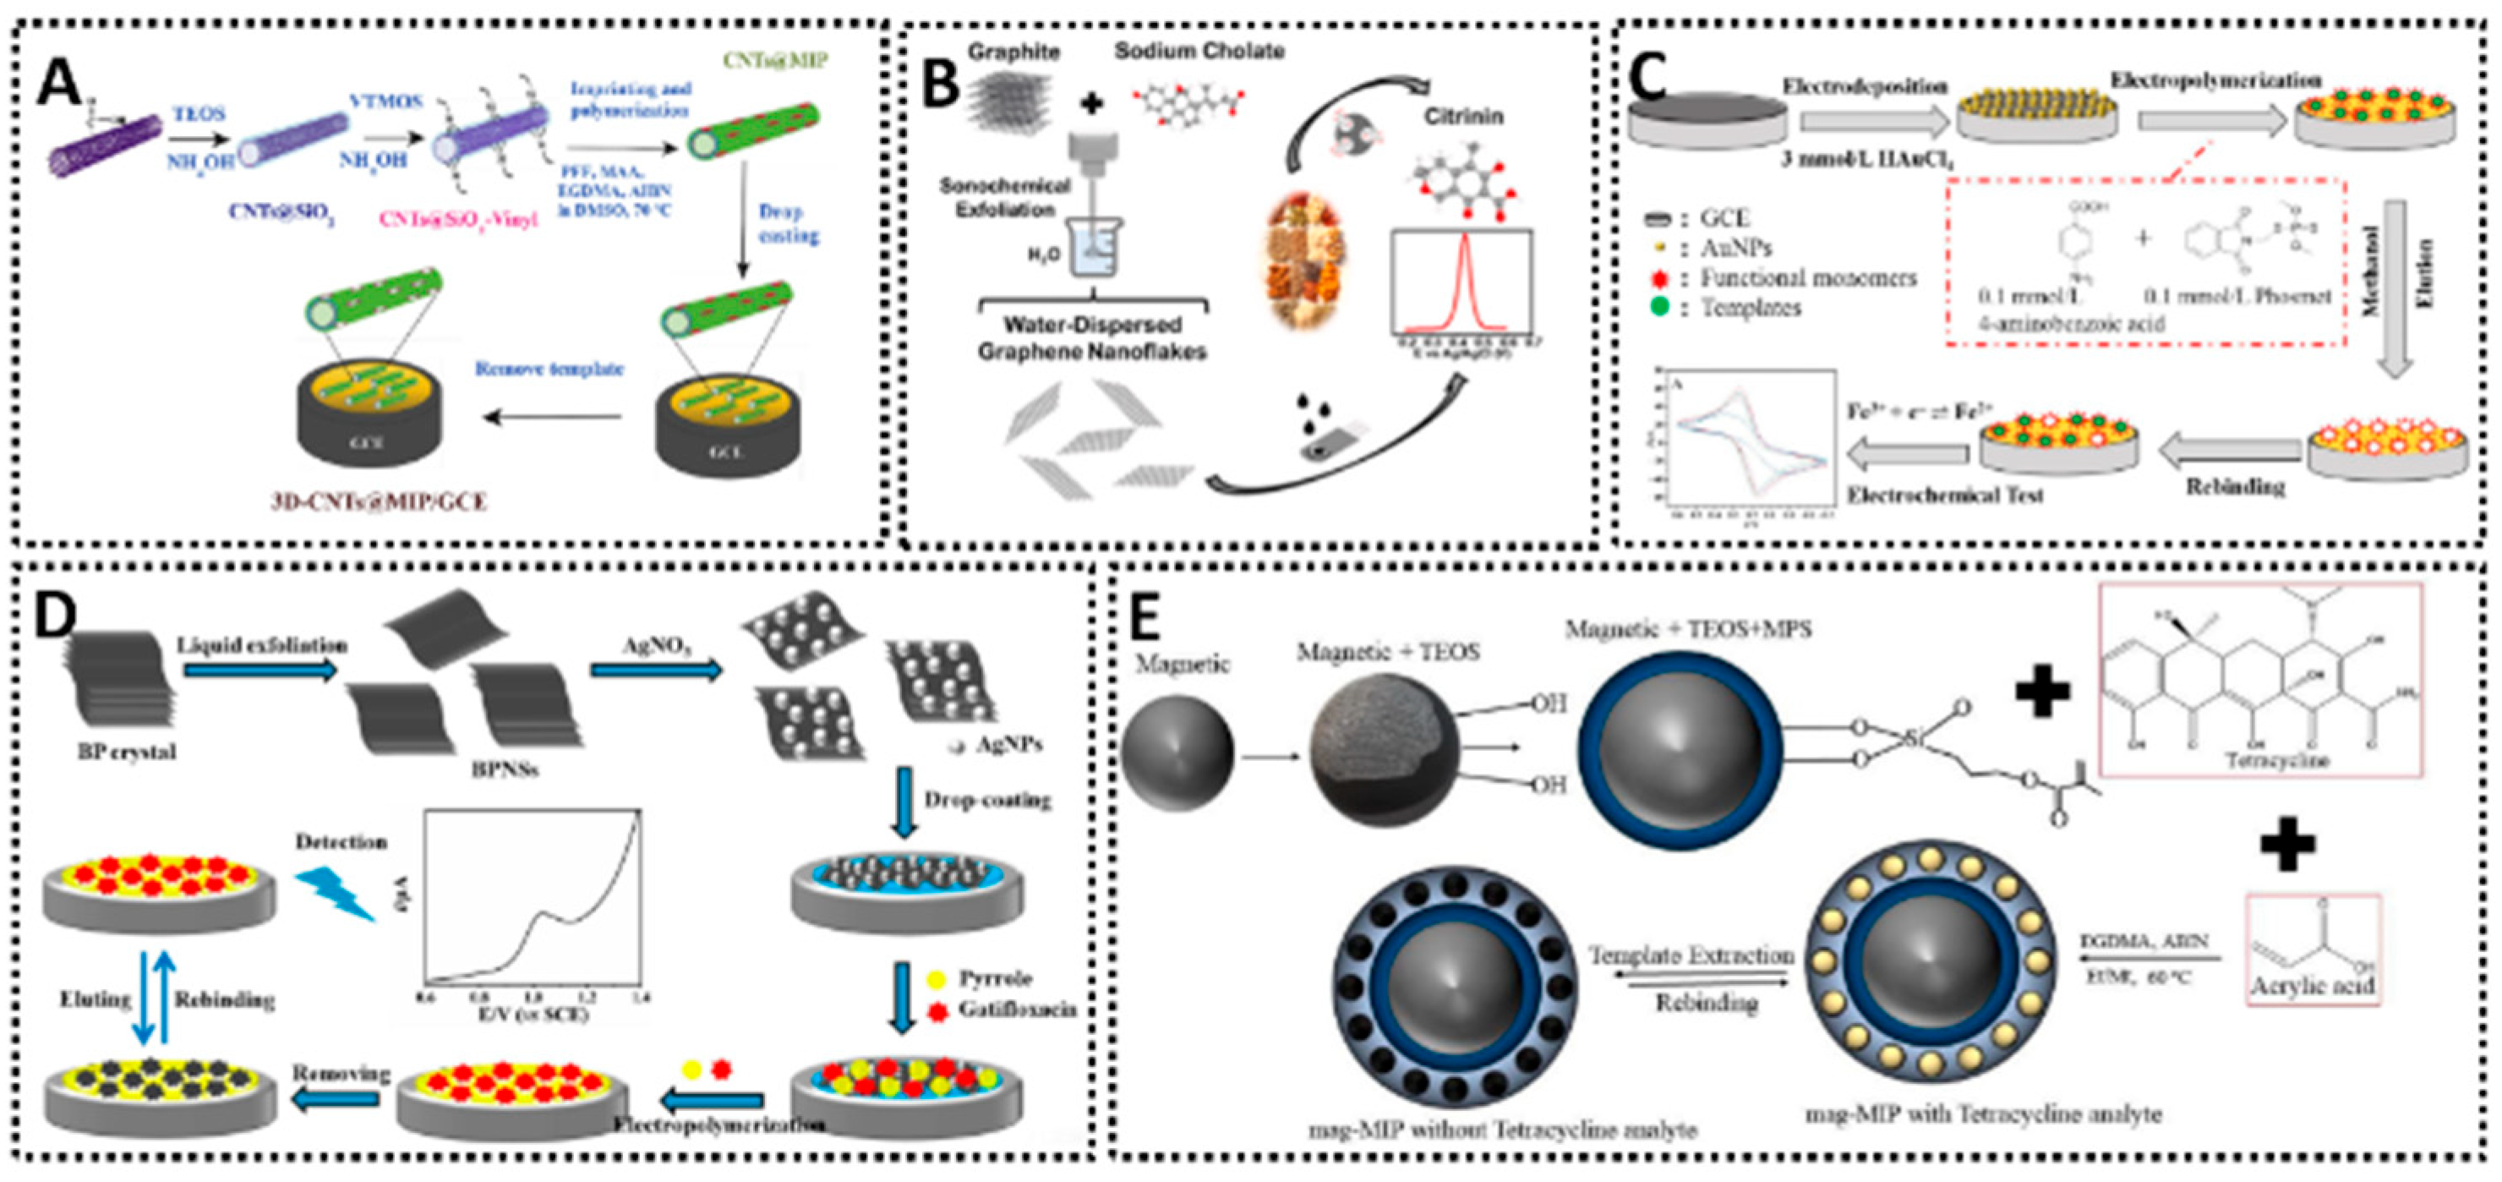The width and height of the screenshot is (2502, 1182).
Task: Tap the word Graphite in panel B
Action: coord(1013,52)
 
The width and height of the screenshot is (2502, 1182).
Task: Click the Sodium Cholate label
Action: coord(1199,51)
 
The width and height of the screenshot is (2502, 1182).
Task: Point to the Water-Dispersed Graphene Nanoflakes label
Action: coord(1092,337)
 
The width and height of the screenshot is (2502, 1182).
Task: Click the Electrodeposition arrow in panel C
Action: coord(1872,122)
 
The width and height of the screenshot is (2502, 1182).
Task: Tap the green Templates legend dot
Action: coord(1659,308)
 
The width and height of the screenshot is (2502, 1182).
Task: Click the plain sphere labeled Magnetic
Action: coord(1177,752)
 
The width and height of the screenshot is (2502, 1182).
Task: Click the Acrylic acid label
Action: coord(2313,985)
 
